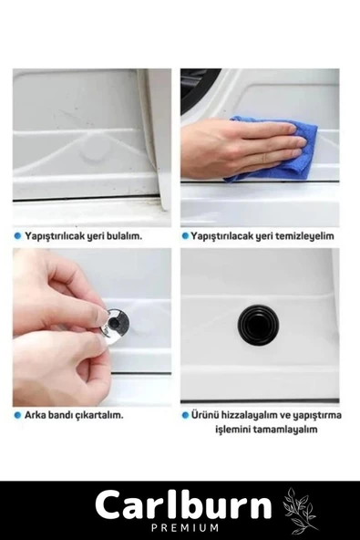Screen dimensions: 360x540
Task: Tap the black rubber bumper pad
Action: [x=258, y=325]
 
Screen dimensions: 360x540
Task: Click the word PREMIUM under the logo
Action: [x=184, y=527]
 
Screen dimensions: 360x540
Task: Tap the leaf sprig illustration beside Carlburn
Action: [x=300, y=509]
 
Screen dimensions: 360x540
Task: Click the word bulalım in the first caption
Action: [x=126, y=236]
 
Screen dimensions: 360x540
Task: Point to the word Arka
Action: [x=33, y=415]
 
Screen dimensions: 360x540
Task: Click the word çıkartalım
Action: [x=102, y=415]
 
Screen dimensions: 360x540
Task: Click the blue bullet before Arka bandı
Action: [x=17, y=415]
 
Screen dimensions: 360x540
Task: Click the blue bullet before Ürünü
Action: [x=185, y=415]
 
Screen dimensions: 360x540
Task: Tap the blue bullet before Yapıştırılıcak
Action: [x=17, y=236]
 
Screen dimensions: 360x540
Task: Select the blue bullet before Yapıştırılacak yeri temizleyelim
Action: [x=185, y=236]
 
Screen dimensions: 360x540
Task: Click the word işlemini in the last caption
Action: [x=237, y=430]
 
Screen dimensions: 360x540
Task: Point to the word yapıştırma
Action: [x=317, y=415]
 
